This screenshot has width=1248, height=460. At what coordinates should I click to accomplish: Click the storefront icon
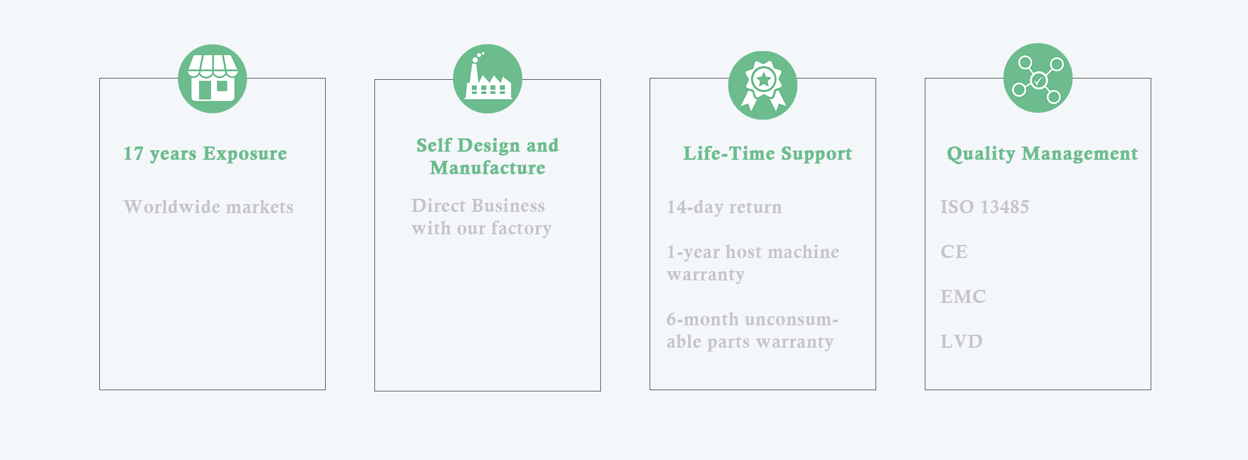(x=212, y=79)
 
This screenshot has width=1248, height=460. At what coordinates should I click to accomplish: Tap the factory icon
(x=487, y=79)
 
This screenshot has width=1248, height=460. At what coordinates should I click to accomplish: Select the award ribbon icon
(x=763, y=85)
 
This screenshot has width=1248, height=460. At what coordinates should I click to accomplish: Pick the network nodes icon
(x=1038, y=78)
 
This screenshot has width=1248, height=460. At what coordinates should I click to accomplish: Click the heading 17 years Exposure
(x=205, y=154)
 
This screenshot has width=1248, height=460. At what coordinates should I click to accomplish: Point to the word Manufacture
(x=487, y=168)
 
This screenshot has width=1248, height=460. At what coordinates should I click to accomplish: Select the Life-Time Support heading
(x=768, y=154)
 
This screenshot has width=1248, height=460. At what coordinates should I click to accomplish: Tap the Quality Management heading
(x=1042, y=154)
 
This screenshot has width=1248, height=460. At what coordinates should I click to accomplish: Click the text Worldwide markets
(x=208, y=207)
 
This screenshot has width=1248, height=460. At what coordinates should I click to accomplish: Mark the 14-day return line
(x=724, y=207)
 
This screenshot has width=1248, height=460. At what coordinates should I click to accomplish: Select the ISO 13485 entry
(x=985, y=207)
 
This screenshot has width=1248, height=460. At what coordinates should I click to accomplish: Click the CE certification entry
(x=954, y=252)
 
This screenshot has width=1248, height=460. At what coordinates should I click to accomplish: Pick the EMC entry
(x=963, y=297)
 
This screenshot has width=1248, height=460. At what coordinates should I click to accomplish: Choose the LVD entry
(x=962, y=342)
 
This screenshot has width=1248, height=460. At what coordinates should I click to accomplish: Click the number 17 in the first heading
(x=134, y=154)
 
